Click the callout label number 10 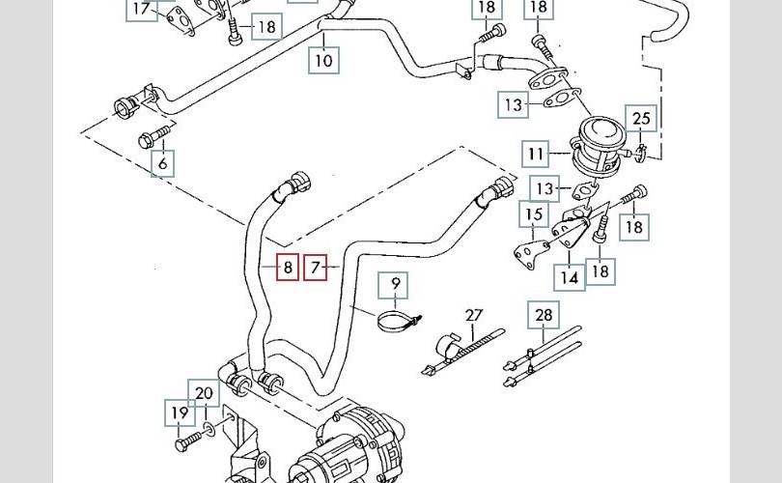click(323, 60)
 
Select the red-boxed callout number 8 click(288, 267)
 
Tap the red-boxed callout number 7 click(316, 267)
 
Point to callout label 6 click(163, 163)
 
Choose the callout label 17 click(141, 10)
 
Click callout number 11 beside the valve click(536, 154)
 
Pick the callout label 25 click(641, 119)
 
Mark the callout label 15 click(533, 213)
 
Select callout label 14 click(570, 277)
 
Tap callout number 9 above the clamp click(394, 285)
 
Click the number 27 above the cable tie click(473, 315)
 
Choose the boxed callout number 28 click(545, 315)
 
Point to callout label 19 click(180, 413)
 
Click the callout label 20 click(204, 393)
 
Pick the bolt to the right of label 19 click(194, 440)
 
